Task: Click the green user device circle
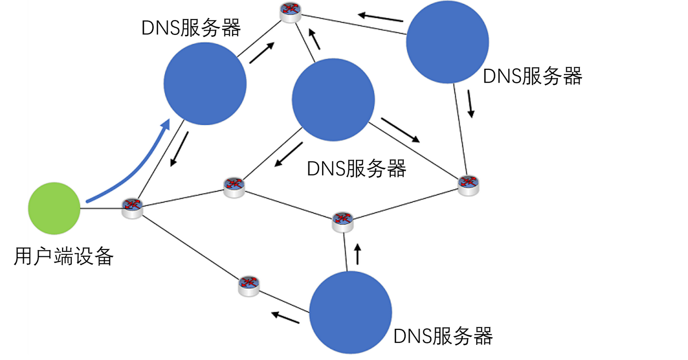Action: click(54, 208)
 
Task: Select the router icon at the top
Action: click(291, 11)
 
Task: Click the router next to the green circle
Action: click(132, 208)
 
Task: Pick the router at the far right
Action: click(468, 184)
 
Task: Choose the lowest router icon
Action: click(249, 285)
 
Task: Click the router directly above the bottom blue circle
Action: click(343, 221)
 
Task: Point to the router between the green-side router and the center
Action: click(234, 187)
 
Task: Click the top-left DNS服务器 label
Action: click(191, 28)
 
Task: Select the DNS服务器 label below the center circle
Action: click(356, 169)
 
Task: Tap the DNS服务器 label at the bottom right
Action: click(442, 336)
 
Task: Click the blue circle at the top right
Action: click(447, 42)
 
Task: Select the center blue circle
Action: click(333, 100)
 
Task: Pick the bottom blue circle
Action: click(351, 312)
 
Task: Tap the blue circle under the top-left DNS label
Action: click(205, 84)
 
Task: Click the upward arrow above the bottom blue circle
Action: click(357, 254)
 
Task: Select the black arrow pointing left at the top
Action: click(381, 17)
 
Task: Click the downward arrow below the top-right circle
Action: click(471, 105)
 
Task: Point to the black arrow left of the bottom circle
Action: click(285, 317)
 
